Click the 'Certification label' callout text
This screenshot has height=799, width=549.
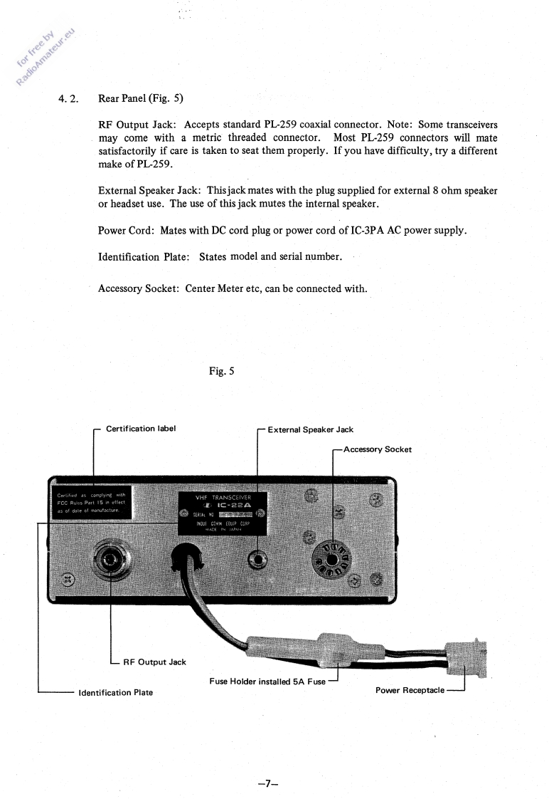(141, 429)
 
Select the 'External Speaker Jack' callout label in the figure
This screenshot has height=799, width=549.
(310, 429)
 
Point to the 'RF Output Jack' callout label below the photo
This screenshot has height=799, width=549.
(154, 662)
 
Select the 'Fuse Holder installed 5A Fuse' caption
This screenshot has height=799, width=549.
(267, 681)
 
